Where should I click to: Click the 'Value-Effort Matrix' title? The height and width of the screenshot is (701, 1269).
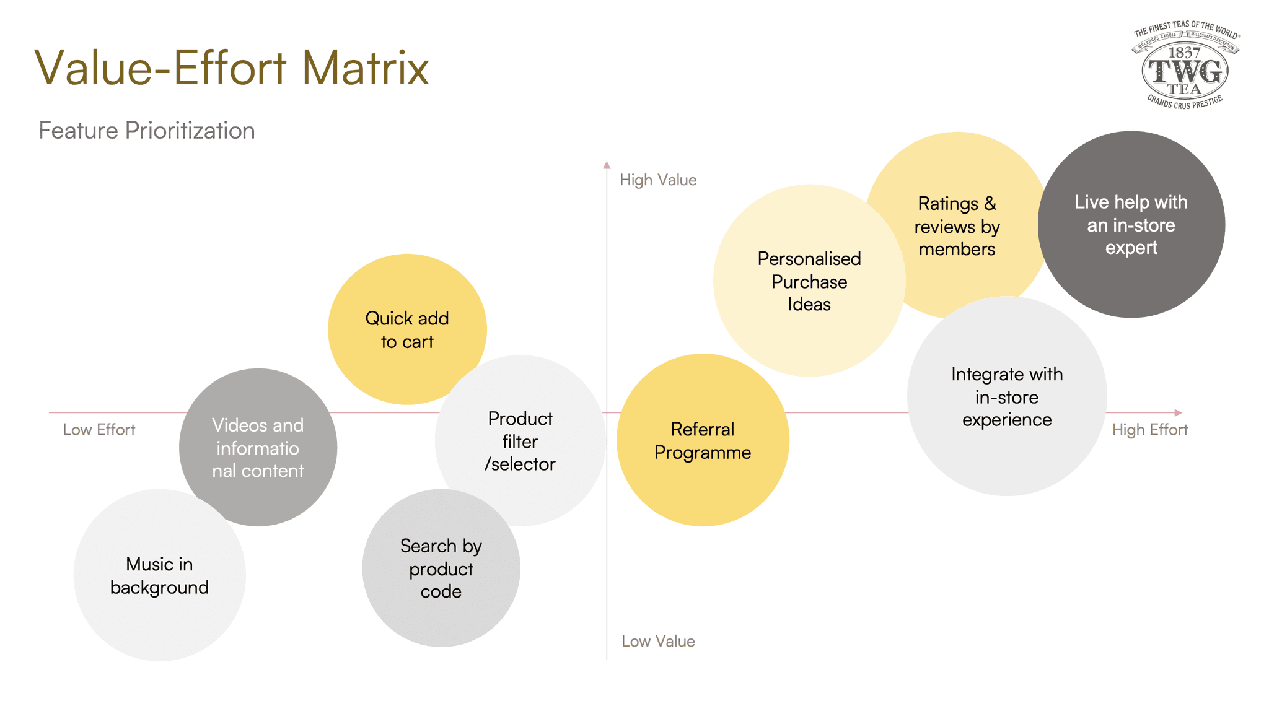pos(231,67)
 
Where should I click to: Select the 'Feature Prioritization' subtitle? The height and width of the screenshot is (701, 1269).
pos(147,131)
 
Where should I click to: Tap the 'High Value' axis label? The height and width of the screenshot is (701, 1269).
pos(658,180)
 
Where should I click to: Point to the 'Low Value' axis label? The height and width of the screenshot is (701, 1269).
pos(658,641)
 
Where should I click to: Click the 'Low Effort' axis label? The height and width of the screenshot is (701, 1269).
pos(99,430)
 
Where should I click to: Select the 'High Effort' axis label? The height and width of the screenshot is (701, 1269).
pos(1149,430)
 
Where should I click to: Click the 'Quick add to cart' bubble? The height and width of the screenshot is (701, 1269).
pos(406,329)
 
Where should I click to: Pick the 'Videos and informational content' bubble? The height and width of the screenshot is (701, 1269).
pos(258,447)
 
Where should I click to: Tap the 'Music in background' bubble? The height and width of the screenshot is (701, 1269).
pos(159,575)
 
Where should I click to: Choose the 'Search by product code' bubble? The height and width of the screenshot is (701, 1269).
pos(441,568)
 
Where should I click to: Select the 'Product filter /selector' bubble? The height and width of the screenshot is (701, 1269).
pos(520,441)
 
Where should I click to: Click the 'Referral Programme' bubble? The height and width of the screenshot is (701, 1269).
pos(703,440)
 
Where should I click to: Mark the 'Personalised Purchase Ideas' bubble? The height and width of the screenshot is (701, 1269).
pos(809,281)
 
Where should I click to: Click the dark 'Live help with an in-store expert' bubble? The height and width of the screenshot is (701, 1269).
pos(1131,225)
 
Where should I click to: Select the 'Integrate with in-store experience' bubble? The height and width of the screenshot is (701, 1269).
pos(1007,396)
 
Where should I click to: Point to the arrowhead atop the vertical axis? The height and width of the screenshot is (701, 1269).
pos(607,165)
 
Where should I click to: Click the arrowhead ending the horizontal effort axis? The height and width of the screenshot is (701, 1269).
pos(1178,412)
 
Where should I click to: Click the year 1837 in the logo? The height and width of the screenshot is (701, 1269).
pos(1184,53)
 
